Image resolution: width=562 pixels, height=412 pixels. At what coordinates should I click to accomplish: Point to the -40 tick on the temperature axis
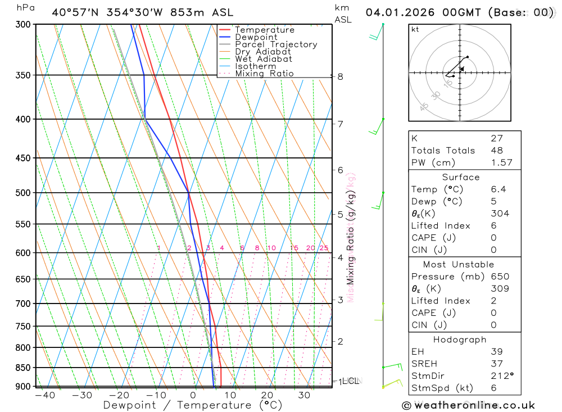[x=44, y=395]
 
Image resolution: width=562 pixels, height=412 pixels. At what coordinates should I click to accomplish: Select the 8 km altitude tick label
[x=340, y=76]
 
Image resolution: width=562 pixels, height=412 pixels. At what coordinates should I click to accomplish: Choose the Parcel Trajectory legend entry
[x=275, y=44]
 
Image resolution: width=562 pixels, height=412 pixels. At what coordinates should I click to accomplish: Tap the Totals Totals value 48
[x=497, y=150]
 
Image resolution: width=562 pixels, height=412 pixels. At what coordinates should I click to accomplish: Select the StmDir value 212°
[x=500, y=375]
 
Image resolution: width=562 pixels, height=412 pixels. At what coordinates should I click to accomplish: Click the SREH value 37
[x=497, y=364]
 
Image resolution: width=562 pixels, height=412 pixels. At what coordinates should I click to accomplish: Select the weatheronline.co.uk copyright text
[x=468, y=405]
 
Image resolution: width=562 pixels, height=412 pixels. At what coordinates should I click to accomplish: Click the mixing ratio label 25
[x=324, y=248]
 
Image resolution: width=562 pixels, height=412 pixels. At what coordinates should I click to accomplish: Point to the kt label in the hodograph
[x=415, y=29]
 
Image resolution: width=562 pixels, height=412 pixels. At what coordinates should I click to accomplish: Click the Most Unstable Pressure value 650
[x=500, y=277]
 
